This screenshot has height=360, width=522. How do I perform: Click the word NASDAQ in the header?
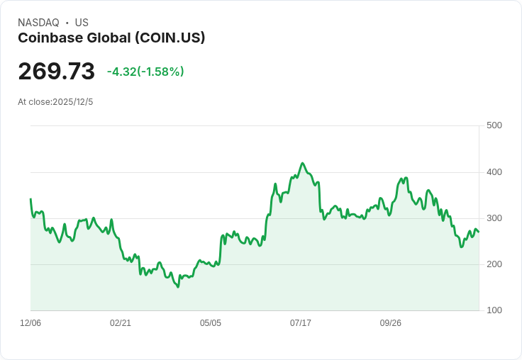[x=38, y=23]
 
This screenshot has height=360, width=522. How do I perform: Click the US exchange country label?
[x=82, y=23]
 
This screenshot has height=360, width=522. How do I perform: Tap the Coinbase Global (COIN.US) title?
[x=111, y=38]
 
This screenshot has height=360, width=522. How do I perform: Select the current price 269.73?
[x=56, y=72]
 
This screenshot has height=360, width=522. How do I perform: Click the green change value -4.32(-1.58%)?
[x=145, y=72]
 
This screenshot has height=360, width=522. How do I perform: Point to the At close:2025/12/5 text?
[x=55, y=102]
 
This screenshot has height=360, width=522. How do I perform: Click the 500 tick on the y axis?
[x=494, y=125]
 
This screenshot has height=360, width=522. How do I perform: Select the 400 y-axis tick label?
[x=494, y=172]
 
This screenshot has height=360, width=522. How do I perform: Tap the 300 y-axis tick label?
[x=494, y=218]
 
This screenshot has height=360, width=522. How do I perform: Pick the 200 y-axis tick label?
[x=494, y=264]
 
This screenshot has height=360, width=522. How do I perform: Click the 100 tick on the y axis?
[x=494, y=310]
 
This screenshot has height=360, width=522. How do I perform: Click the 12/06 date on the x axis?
[x=30, y=323]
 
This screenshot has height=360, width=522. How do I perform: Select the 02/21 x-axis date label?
[x=121, y=323]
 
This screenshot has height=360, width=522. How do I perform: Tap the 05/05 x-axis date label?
[x=211, y=323]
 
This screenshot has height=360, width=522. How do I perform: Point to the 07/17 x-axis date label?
[x=301, y=323]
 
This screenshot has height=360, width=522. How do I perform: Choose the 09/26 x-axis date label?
[x=391, y=323]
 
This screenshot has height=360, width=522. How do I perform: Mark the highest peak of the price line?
[x=303, y=163]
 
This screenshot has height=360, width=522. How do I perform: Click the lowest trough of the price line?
[x=178, y=287]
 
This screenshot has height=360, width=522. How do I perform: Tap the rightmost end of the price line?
[x=479, y=232]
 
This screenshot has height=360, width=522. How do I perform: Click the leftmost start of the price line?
[x=30, y=199]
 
